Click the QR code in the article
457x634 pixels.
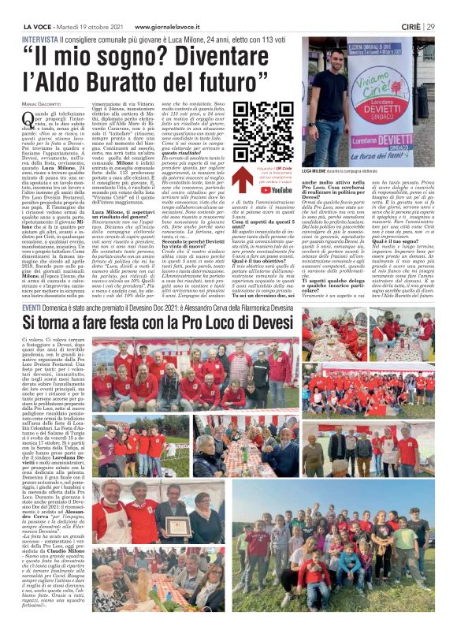[274, 126]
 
